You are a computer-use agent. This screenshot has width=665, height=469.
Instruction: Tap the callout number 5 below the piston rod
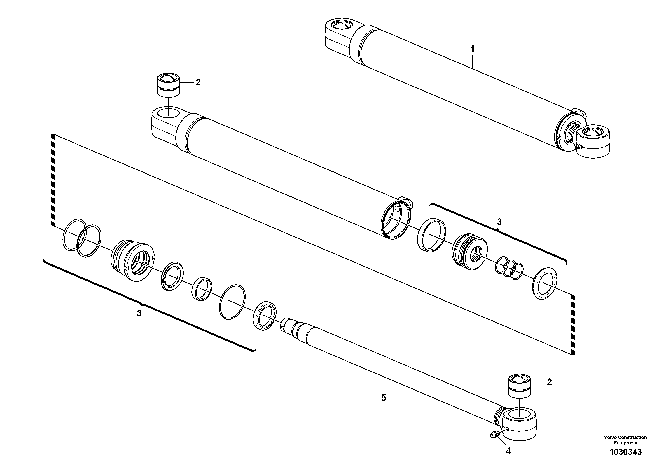point(384,398)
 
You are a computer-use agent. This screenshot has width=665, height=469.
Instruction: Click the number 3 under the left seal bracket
point(139,313)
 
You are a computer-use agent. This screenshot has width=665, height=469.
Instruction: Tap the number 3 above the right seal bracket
point(499,222)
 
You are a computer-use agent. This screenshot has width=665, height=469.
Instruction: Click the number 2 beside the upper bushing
point(198,83)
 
